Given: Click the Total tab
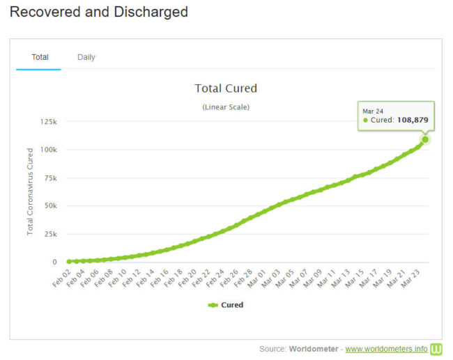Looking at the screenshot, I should [40, 57].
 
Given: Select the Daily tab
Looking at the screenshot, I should [86, 57].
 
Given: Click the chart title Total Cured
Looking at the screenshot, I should [226, 88].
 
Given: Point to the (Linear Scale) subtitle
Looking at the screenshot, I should [226, 107].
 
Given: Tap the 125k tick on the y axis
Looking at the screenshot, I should [48, 122].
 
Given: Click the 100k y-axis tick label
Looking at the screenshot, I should [48, 150].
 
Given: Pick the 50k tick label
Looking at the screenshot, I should [50, 206].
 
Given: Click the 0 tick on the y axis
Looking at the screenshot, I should [54, 262].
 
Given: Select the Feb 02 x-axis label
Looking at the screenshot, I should [62, 276].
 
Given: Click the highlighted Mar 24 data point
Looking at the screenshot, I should [424, 139].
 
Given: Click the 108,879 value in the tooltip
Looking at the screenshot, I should [413, 120].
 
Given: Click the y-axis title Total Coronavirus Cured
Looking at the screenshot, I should [31, 191].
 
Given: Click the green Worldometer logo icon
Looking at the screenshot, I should [436, 348].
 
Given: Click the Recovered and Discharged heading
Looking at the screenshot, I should [100, 12].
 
